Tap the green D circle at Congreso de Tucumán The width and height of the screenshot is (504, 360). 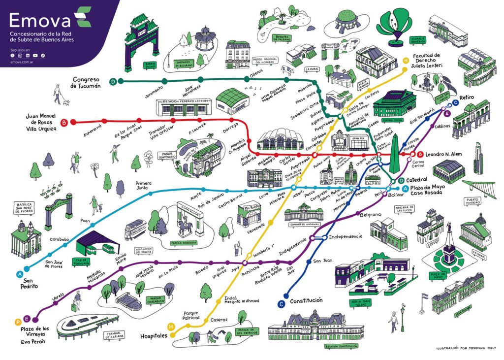pyautogui.click(x=113, y=81)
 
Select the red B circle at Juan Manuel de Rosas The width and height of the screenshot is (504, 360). pyautogui.click(x=64, y=122)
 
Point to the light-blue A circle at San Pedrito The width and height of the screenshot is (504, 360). pyautogui.click(x=20, y=274)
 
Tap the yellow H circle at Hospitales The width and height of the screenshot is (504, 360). pyautogui.click(x=171, y=326)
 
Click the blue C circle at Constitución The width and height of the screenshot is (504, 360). pyautogui.click(x=281, y=304)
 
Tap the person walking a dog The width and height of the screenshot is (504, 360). pyautogui.click(x=59, y=95)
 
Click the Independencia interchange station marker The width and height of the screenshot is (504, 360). pyautogui.click(x=318, y=237)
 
